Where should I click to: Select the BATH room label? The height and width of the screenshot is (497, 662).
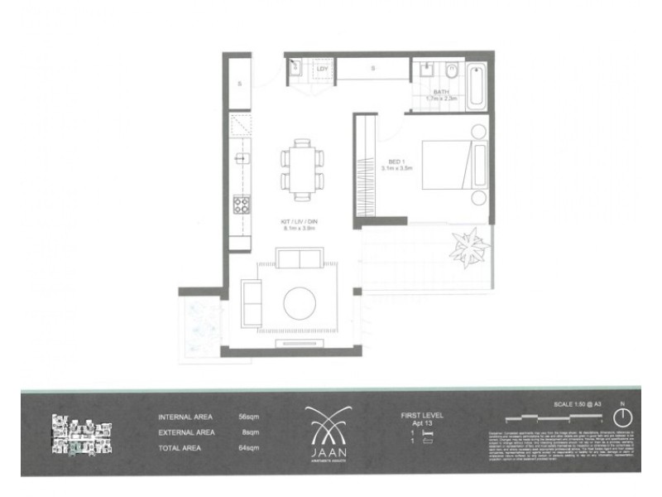pos(440,93)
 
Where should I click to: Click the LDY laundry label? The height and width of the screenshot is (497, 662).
pos(322,69)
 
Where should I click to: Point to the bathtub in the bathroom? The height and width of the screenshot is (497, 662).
pos(477,84)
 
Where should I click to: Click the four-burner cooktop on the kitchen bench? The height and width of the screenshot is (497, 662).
pos(242,205)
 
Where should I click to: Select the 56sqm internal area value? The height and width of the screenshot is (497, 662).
pos(249,418)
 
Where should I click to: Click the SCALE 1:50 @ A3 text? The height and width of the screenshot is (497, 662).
pos(580,404)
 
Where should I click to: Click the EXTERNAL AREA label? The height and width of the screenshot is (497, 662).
pos(186,432)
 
